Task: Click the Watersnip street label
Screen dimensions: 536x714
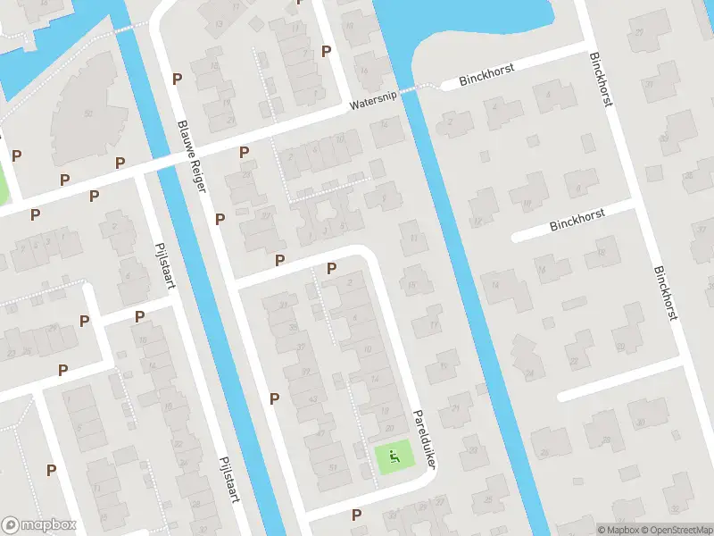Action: pyautogui.click(x=372, y=105)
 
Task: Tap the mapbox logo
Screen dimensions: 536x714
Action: pyautogui.click(x=39, y=525)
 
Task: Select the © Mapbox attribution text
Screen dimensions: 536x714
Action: pyautogui.click(x=618, y=530)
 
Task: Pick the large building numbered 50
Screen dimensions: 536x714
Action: pyautogui.click(x=87, y=113)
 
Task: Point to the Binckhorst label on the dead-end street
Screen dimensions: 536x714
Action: pyautogui.click(x=577, y=217)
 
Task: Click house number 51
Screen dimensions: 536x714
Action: pyautogui.click(x=333, y=466)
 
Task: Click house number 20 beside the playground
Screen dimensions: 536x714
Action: pyautogui.click(x=388, y=428)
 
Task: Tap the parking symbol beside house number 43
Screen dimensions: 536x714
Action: pyautogui.click(x=274, y=398)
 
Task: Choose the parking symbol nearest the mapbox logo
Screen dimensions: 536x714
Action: pyautogui.click(x=51, y=469)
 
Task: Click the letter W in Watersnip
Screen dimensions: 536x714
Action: pyautogui.click(x=353, y=109)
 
